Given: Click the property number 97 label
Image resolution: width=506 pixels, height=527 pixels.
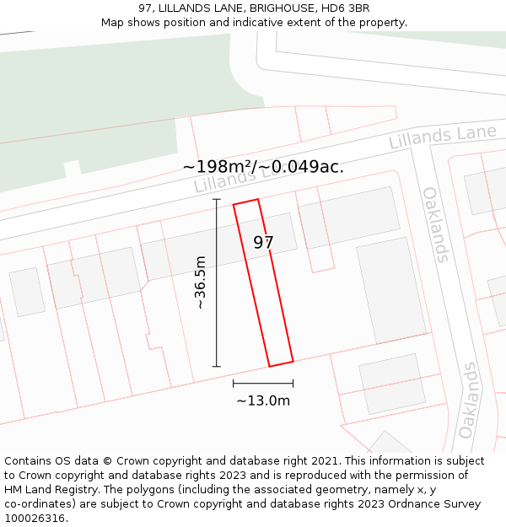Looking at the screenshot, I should (263, 243).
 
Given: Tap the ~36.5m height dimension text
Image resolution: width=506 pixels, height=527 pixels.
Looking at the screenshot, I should (201, 282).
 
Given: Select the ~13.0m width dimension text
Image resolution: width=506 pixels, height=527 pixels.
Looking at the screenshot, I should (262, 401).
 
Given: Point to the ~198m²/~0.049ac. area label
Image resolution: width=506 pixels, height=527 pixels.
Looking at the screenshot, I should (263, 167).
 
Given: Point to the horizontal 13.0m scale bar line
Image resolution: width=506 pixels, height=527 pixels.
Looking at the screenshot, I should (263, 384).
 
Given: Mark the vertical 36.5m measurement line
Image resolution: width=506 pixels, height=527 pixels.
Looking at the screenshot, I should (217, 282).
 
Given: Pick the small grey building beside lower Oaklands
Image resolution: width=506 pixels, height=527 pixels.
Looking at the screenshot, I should (391, 384).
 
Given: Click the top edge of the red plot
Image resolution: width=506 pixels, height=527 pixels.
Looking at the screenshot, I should (245, 202).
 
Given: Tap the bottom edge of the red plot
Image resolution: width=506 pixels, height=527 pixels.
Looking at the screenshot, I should (281, 364).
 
